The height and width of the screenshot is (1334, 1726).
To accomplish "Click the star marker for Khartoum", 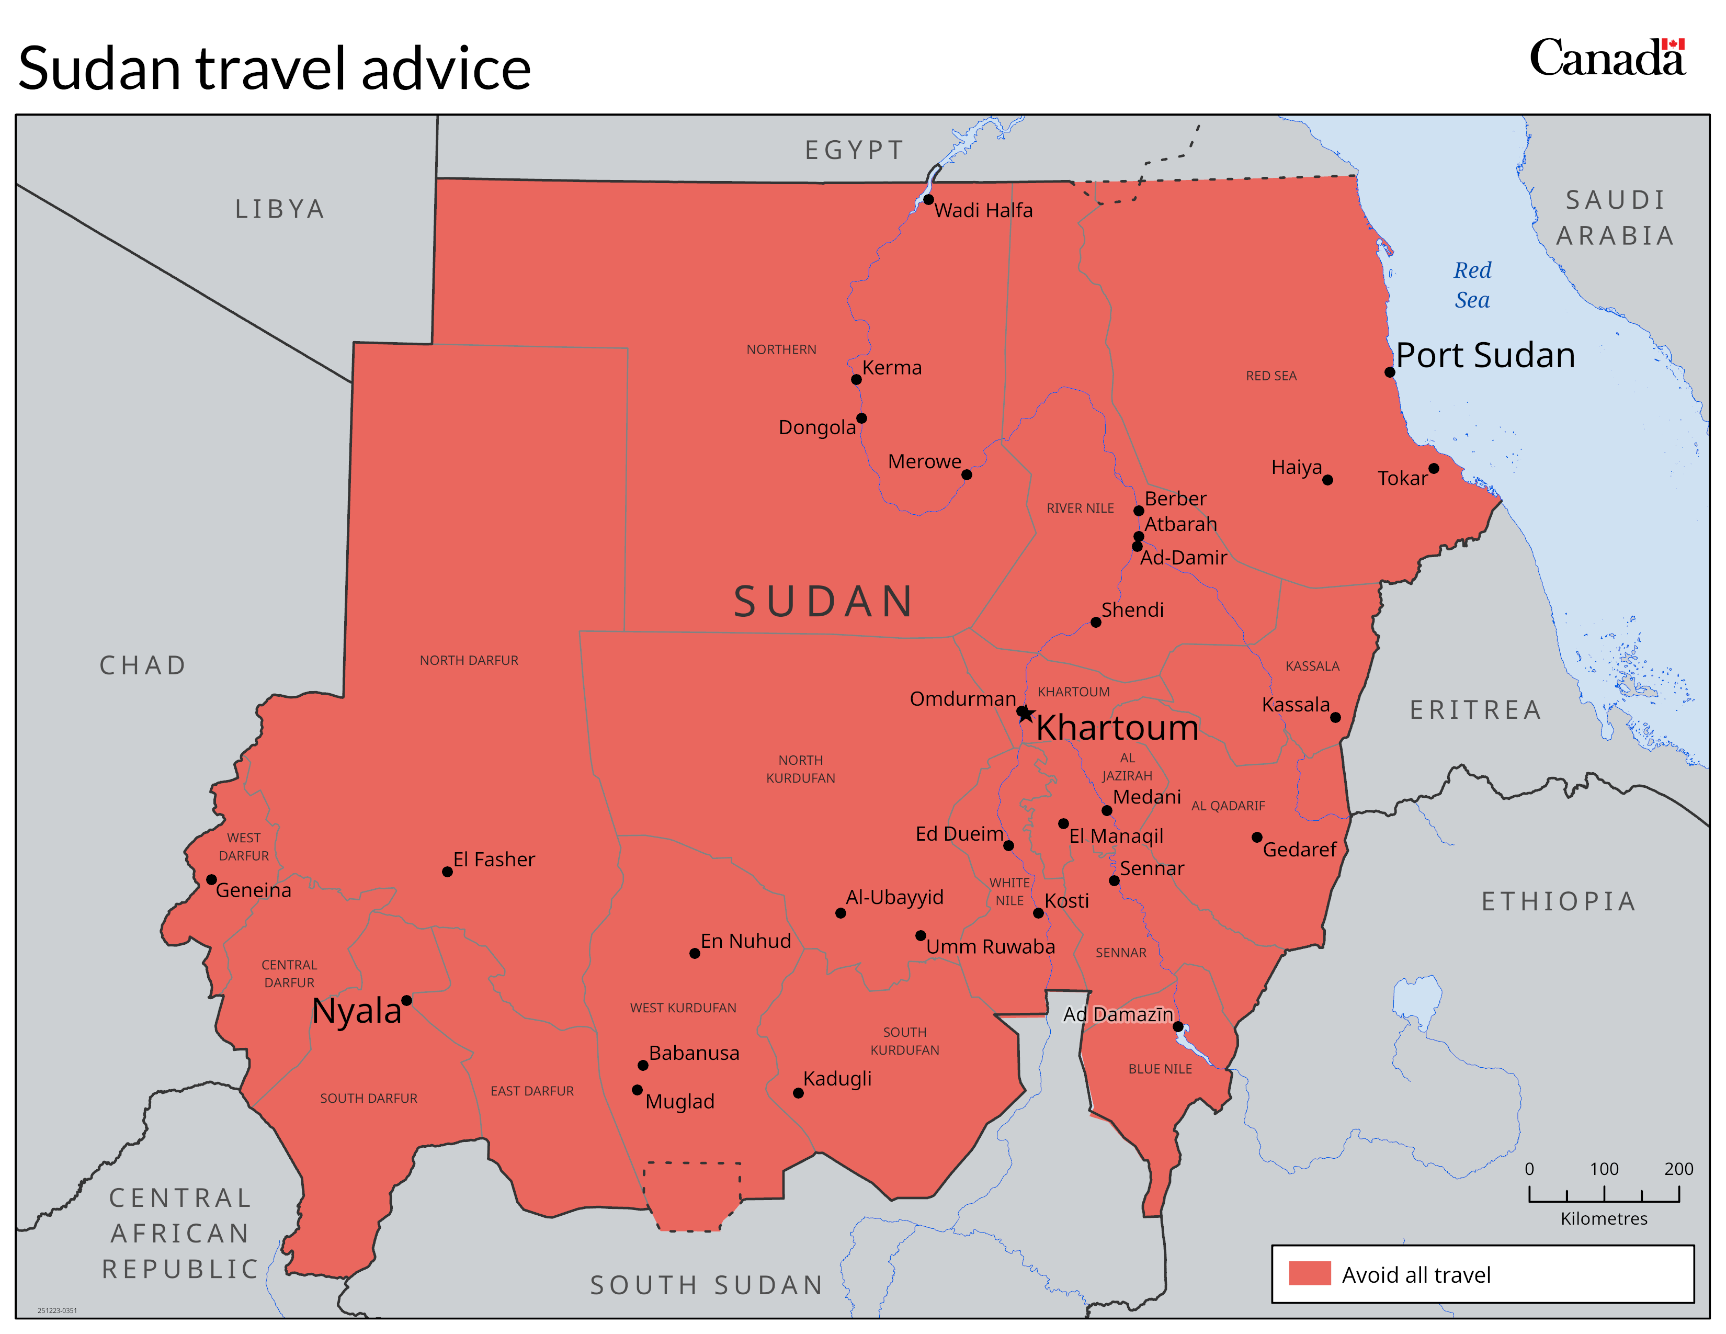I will tap(1024, 713).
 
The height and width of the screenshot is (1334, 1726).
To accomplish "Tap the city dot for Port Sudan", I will tap(1389, 372).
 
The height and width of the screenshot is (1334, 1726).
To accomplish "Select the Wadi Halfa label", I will tap(983, 210).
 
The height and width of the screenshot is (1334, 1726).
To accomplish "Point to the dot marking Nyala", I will tap(406, 1000).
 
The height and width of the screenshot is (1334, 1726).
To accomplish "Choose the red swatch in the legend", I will tap(1310, 1273).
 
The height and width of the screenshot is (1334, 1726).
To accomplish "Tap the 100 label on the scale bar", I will tap(1604, 1169).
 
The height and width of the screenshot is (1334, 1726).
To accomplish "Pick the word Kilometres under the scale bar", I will tap(1604, 1218).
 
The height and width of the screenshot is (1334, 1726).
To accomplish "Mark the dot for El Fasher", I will tap(447, 872).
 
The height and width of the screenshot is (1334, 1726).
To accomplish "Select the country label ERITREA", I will tap(1475, 710).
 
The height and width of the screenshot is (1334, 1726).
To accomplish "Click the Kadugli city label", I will tap(837, 1079).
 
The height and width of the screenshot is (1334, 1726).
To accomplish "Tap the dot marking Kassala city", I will tap(1336, 718).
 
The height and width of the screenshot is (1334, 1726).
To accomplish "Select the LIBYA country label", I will tap(280, 209).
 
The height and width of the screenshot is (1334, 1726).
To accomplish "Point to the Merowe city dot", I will tap(967, 475).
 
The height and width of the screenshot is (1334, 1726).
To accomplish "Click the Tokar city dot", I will tap(1434, 469).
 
